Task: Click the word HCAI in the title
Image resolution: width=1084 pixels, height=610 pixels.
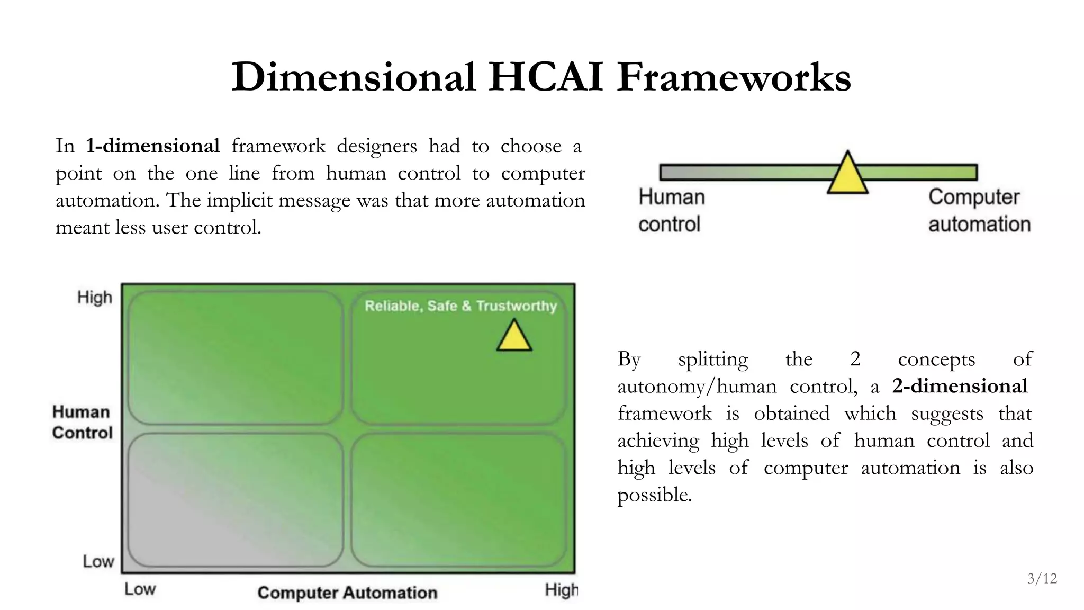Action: point(545,77)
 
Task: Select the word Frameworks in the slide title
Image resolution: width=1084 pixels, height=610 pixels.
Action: point(734,77)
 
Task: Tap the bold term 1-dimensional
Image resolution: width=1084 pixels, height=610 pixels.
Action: point(152,146)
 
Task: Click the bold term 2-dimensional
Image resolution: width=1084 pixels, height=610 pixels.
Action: point(960,386)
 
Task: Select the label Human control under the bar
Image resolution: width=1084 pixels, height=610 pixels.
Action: point(671,210)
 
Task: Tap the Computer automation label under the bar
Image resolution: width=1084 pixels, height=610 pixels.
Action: point(979,210)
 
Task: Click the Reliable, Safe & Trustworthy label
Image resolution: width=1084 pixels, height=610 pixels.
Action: point(460,306)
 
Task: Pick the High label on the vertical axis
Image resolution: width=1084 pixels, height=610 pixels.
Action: point(95,298)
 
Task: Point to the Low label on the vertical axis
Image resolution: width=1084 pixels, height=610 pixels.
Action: point(98,561)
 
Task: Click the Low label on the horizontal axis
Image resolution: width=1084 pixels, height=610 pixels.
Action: point(140,589)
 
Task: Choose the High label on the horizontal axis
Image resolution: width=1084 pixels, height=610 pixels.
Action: point(561,590)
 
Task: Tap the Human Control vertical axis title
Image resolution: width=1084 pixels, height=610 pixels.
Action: point(83,422)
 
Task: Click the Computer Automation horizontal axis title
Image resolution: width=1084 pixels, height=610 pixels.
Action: point(347,593)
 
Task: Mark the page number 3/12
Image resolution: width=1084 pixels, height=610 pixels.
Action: point(1042,579)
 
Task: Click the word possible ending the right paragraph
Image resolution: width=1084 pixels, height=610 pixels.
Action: point(654,495)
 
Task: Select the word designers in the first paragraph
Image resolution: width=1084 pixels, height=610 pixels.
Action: point(376,146)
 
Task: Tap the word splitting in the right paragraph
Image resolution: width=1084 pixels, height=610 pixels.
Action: point(713,360)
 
